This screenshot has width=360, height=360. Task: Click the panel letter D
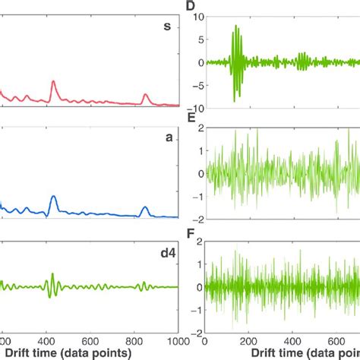[x=191, y=7]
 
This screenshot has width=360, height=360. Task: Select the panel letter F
[x=191, y=233]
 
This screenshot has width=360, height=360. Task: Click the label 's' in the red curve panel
[x=166, y=27]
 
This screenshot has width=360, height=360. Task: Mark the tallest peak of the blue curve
[x=52, y=197]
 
